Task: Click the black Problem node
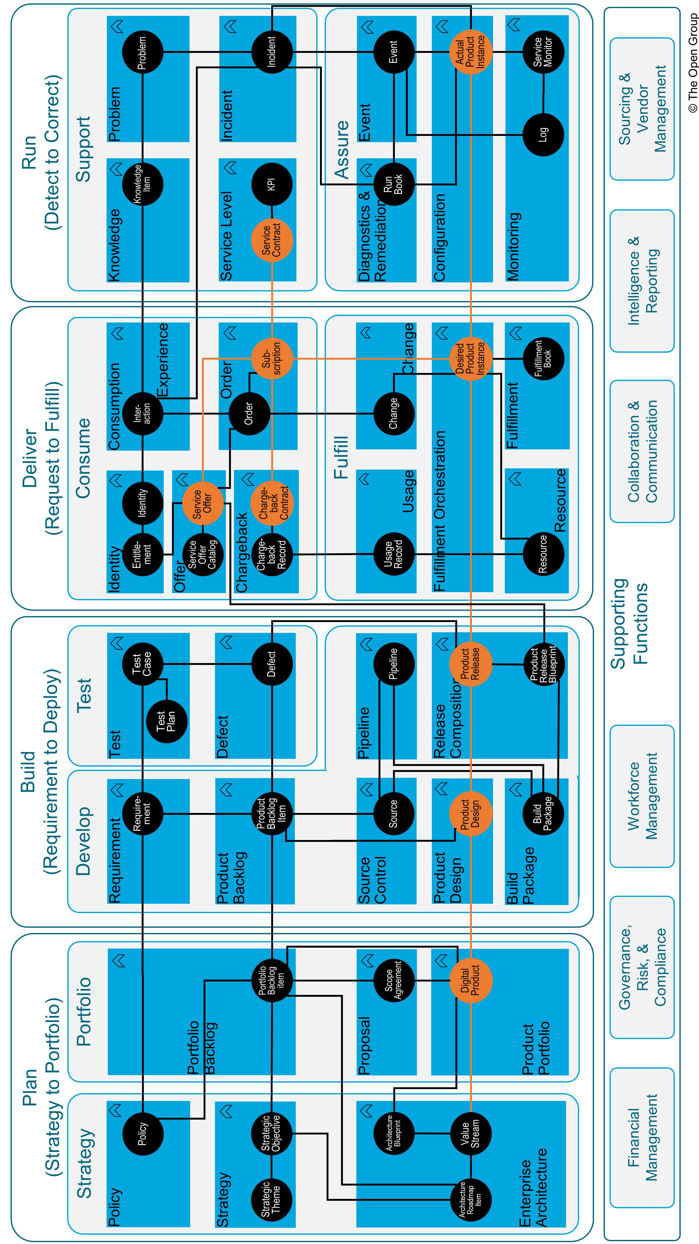142,52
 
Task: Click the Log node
543,135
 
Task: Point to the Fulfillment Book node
543,358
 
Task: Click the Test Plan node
167,721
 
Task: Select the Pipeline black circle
394,664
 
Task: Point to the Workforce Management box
642,796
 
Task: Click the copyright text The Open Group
693,63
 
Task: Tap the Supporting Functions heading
629,623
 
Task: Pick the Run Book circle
394,184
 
